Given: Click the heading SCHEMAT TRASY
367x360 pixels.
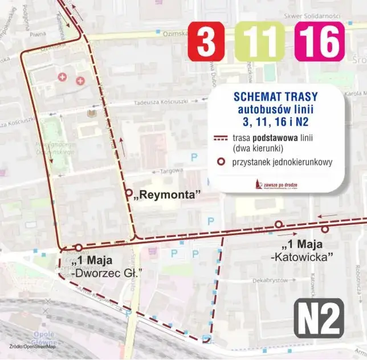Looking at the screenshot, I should tap(276, 96).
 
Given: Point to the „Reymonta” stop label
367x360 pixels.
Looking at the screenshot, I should tap(167, 195).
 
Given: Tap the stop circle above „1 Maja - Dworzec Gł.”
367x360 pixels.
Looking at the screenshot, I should tap(79, 248).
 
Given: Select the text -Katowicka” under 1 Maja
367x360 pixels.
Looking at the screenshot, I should tap(301, 257).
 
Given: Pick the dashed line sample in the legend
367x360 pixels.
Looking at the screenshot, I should tap(219, 138).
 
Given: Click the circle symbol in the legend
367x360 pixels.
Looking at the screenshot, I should tap(219, 162).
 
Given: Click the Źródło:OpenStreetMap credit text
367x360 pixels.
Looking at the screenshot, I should tap(32, 346).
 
